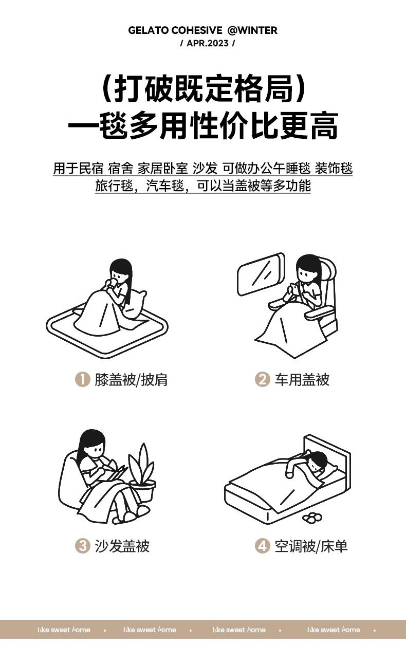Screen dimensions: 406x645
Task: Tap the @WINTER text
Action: (252, 30)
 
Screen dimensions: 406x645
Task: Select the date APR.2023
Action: (208, 43)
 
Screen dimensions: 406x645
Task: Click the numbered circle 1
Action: (83, 379)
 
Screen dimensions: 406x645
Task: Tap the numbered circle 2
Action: (262, 379)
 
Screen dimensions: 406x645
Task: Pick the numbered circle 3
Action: (83, 546)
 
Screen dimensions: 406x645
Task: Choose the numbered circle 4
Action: (262, 546)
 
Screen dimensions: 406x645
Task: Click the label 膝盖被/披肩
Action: (131, 379)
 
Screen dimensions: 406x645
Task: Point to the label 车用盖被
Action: (302, 379)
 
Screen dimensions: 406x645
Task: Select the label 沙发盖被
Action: (122, 546)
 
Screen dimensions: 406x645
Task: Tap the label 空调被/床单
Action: (311, 546)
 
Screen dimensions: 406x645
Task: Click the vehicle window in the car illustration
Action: (261, 274)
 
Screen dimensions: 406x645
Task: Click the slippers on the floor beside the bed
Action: (312, 518)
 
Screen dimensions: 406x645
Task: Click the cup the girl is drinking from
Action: (114, 283)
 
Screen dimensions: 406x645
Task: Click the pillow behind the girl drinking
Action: (135, 305)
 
